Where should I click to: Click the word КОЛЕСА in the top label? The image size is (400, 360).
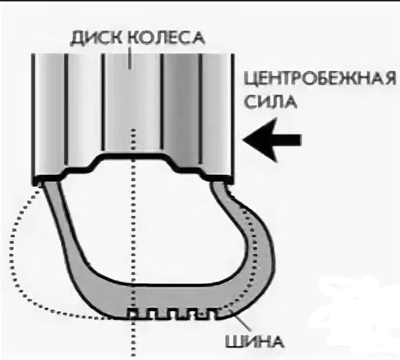pyautogui.click(x=166, y=37)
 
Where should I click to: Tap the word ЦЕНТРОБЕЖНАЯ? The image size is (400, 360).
pyautogui.click(x=320, y=78)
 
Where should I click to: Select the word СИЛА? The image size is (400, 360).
pyautogui.click(x=271, y=102)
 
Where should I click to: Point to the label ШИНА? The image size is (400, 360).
pyautogui.click(x=255, y=341)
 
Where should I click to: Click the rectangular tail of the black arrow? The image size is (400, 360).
pyautogui.click(x=289, y=140)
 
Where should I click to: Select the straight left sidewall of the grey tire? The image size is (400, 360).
pyautogui.click(x=61, y=230)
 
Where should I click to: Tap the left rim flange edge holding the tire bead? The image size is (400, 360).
pyautogui.click(x=38, y=181)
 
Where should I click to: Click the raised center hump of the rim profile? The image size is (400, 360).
pyautogui.click(x=132, y=156)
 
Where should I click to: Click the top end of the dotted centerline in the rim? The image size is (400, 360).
pyautogui.click(x=133, y=130)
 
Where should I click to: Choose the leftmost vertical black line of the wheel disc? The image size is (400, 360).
pyautogui.click(x=33, y=117)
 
